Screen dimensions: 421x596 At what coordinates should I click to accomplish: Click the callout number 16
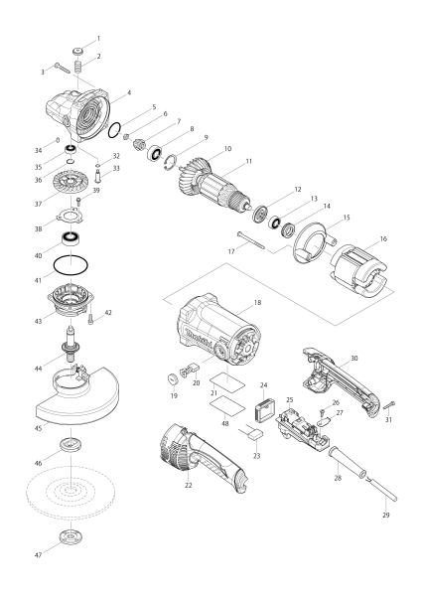pyautogui.click(x=383, y=238)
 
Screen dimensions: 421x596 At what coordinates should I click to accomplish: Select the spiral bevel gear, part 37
pyautogui.click(x=70, y=185)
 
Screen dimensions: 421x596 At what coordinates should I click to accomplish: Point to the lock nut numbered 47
pyautogui.click(x=70, y=538)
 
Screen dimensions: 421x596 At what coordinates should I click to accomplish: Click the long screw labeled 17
pyautogui.click(x=251, y=240)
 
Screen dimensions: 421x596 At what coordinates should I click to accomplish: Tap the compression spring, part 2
pyautogui.click(x=77, y=68)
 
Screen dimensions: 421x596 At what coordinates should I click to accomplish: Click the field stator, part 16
pyautogui.click(x=359, y=270)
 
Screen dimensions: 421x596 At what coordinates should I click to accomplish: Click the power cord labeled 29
pyautogui.click(x=381, y=490)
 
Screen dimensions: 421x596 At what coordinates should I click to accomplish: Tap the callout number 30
pyautogui.click(x=354, y=358)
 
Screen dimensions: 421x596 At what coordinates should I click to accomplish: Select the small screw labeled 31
pyautogui.click(x=389, y=405)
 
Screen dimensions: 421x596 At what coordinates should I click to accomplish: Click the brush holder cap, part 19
pyautogui.click(x=173, y=379)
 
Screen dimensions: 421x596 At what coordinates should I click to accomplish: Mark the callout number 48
pyautogui.click(x=225, y=423)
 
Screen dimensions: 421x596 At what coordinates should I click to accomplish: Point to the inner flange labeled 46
pyautogui.click(x=71, y=444)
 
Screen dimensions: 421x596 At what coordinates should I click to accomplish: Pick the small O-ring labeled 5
pyautogui.click(x=109, y=131)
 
